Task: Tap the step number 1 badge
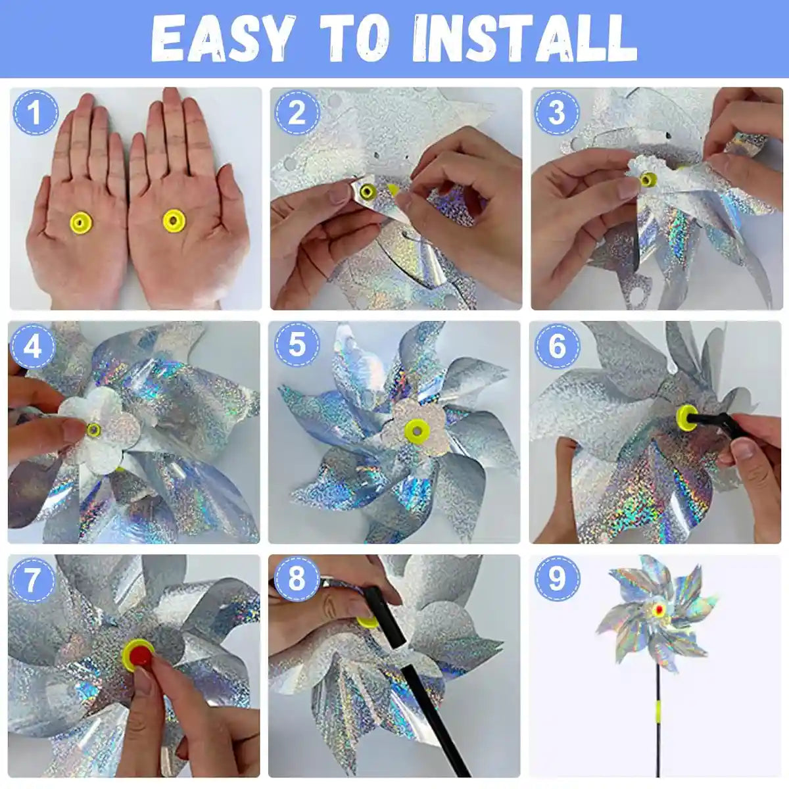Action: (36, 112)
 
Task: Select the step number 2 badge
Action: (296, 112)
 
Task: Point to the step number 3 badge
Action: (556, 112)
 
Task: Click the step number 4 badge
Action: (33, 346)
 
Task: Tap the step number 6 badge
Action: (556, 346)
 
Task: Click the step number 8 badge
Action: (297, 579)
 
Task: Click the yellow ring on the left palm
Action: (81, 223)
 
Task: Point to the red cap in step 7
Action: (139, 655)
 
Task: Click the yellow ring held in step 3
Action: (649, 179)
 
